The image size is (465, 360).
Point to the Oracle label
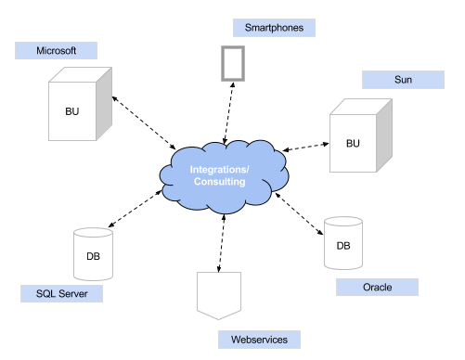[x=378, y=288]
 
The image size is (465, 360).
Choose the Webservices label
[x=260, y=340]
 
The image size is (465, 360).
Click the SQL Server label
[x=61, y=294]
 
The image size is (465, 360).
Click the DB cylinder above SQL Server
[x=94, y=253]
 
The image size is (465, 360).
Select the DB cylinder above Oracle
[x=342, y=243]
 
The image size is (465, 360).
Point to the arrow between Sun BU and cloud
[x=306, y=146]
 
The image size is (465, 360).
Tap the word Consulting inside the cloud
[x=219, y=182]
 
